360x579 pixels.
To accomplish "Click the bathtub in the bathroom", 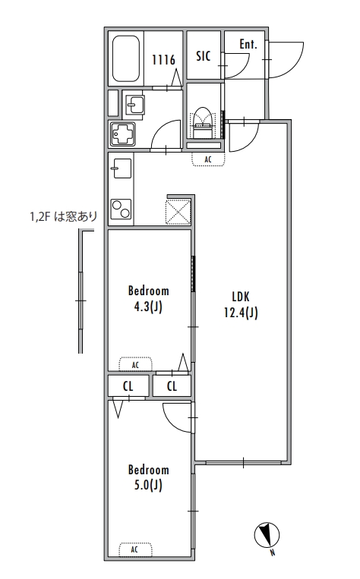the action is pos(126,58).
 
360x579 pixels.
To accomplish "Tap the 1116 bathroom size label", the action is pos(163,59).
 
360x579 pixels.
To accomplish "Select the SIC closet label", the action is pos(204,56).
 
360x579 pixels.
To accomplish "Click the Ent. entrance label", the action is pos(248,44).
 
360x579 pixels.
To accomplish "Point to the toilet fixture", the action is pos(202,123).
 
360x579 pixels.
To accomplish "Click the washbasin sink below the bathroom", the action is pos(135,105).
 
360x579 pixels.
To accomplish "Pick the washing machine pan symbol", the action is pos(123,134).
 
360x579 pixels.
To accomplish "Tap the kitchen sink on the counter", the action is pos(122,168).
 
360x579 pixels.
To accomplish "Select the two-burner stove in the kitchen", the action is pos(122,209).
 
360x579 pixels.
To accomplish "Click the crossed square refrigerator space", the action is pos(178,212).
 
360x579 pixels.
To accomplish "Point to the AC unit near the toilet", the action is pos(208,159).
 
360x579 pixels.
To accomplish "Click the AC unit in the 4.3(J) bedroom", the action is pos(135,364).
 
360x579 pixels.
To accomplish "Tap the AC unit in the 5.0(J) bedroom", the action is pos(135,549).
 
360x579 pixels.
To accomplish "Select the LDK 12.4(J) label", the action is pos(241,304).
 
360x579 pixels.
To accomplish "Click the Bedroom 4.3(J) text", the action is pos(149,299).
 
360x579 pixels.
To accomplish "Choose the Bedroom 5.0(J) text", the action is pos(149,477).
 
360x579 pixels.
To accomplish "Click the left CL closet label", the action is pos(128,386).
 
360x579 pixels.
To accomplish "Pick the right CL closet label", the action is pos(172,386).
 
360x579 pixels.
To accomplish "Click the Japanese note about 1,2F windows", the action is pos(64,216).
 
